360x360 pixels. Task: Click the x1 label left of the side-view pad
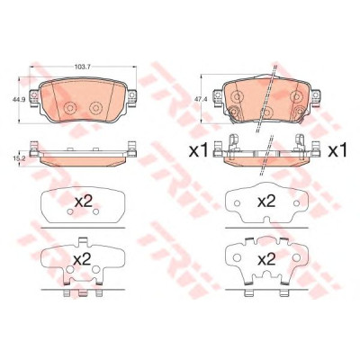(198, 151)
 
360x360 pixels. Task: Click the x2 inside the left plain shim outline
(83, 202)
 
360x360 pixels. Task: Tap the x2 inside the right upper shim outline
(266, 202)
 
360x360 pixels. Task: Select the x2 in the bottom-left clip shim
(82, 259)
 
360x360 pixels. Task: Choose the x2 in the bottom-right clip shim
(266, 259)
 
